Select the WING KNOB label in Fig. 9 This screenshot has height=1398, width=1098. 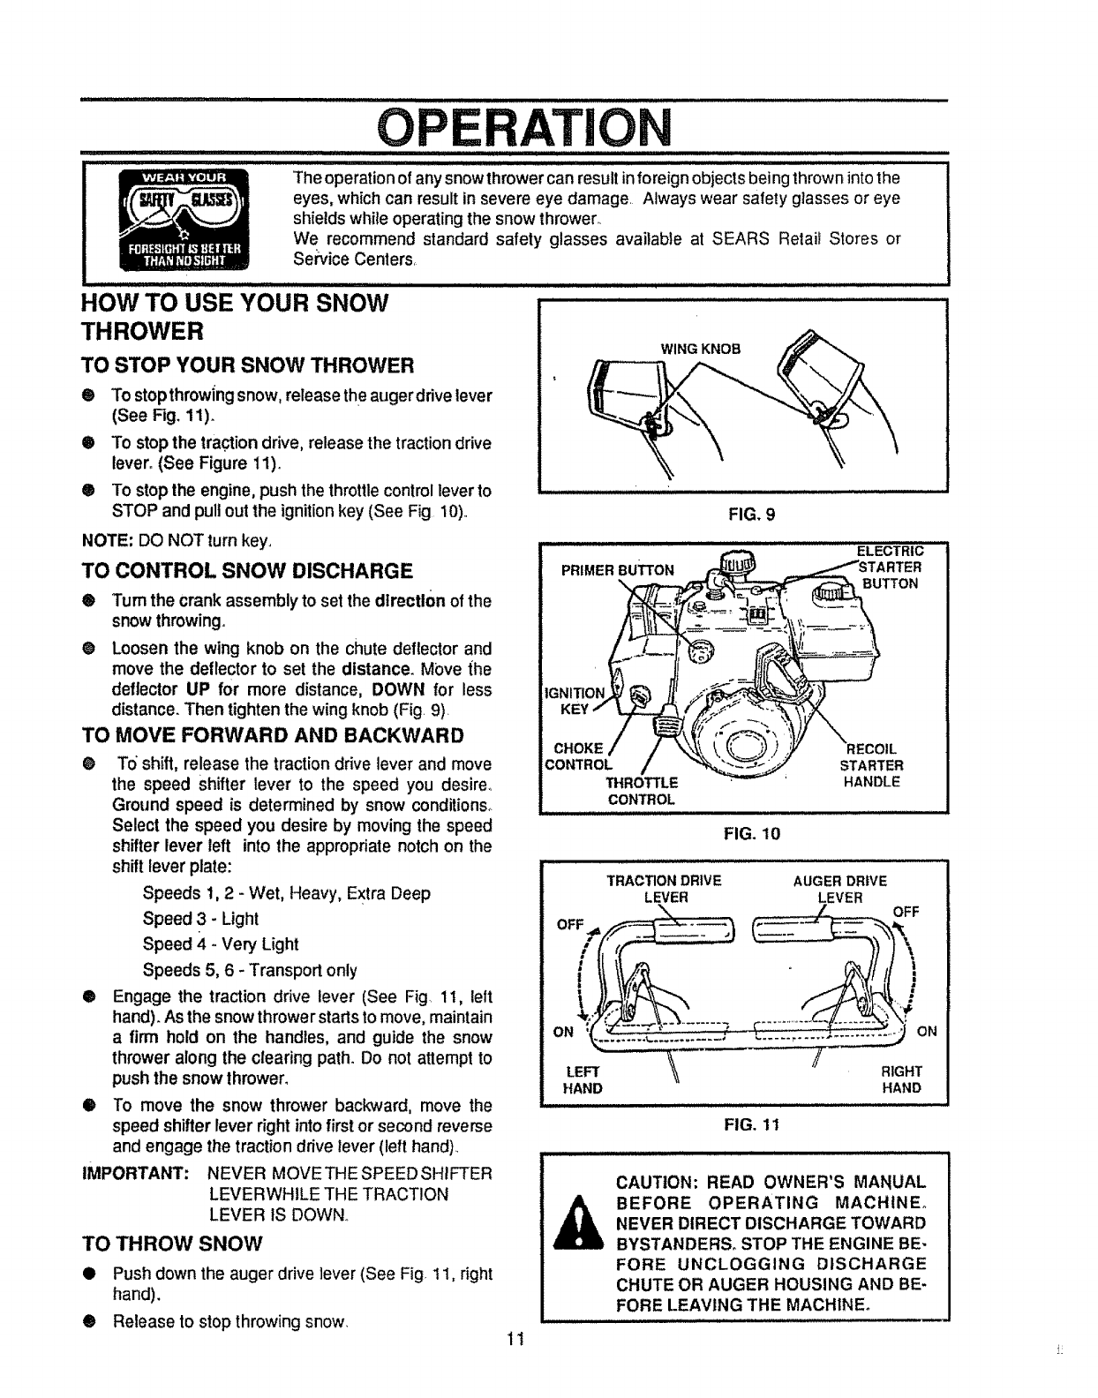coord(701,348)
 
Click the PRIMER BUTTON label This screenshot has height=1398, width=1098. coord(618,569)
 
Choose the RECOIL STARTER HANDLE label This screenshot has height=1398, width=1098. coord(872,765)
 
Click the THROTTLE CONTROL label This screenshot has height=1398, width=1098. coord(642,791)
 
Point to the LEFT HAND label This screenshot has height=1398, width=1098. coord(583,1080)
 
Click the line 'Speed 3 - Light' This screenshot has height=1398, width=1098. coord(200,919)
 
